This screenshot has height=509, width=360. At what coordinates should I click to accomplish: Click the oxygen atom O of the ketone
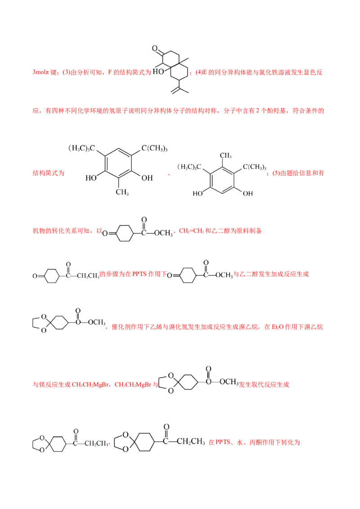point(155,49)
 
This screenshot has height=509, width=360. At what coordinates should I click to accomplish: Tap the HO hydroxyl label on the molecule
point(158,71)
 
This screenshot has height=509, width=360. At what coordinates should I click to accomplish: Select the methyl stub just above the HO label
point(159,66)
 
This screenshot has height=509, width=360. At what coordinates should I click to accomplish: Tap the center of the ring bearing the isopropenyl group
point(179,72)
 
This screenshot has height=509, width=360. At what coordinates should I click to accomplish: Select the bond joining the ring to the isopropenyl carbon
point(179,84)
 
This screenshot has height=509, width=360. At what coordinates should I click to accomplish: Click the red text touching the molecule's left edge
point(90,72)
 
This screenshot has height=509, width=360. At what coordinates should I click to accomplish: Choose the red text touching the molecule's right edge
point(257,72)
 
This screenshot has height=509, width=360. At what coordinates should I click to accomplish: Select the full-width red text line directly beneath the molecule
point(178,110)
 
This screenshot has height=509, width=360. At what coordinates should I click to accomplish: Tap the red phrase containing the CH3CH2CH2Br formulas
point(95,385)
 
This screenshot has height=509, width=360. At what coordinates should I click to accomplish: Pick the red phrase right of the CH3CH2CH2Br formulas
point(264,385)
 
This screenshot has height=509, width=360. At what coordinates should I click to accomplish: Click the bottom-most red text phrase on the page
point(254,443)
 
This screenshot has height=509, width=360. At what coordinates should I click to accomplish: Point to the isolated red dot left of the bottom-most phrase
point(109,444)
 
